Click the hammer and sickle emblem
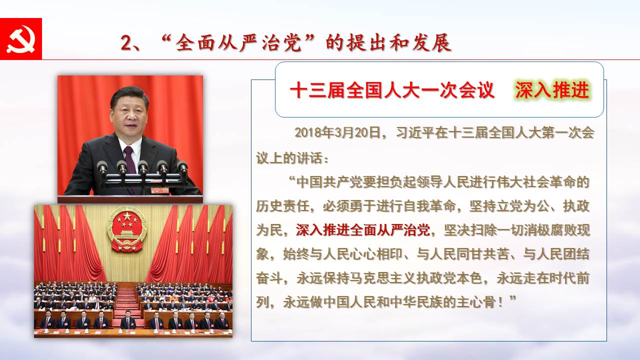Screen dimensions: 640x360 [20, 39]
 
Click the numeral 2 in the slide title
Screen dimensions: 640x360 [126, 43]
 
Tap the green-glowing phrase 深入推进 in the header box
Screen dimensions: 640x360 [552, 90]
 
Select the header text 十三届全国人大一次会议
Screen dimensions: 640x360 [392, 90]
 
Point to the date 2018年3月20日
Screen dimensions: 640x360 [338, 132]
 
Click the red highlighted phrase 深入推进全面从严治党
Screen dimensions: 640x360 [363, 230]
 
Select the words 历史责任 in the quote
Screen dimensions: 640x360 [282, 206]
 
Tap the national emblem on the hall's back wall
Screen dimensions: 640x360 [127, 229]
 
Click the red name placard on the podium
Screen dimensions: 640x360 [159, 190]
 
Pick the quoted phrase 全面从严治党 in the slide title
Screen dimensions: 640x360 [238, 43]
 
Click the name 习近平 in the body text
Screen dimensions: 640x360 [415, 132]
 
